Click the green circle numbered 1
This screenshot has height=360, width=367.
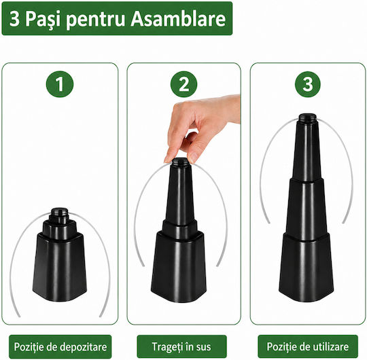click(x=60, y=84)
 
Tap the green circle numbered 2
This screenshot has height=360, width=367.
click(x=183, y=84)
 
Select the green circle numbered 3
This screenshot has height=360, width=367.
click(x=308, y=84)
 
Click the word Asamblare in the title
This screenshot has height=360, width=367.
click(x=178, y=19)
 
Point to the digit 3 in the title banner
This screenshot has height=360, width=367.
click(x=14, y=19)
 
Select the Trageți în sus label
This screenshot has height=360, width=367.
click(x=181, y=346)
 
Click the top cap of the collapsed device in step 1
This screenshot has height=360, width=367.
click(x=59, y=212)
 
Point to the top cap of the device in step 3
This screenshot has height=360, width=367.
click(x=308, y=118)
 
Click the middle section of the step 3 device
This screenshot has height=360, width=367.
click(x=306, y=208)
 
